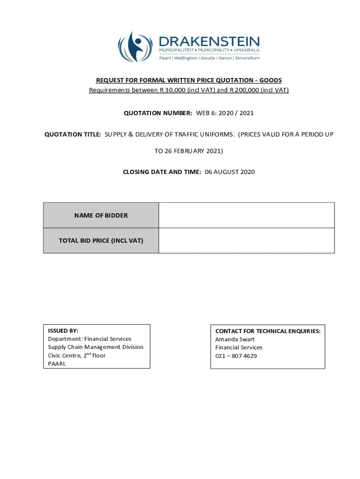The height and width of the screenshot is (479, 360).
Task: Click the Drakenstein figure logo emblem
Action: [135, 47]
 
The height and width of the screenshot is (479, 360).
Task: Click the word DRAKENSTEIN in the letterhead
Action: [209, 41]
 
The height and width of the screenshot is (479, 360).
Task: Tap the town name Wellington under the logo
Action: [186, 58]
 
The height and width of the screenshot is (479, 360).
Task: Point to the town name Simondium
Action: [247, 58]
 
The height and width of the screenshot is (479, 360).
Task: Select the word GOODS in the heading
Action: [270, 80]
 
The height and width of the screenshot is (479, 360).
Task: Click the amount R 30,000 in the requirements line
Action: [172, 90]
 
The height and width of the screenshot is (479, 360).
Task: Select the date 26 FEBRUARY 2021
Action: [194, 151]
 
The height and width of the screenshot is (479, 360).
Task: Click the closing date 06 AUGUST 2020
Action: [230, 172]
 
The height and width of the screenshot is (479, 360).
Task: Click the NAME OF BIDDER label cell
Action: [101, 216]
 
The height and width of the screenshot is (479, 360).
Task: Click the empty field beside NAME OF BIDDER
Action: [246, 216]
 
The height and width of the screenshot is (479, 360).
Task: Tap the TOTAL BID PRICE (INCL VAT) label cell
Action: [101, 241]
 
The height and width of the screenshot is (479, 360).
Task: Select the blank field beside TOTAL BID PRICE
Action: [246, 241]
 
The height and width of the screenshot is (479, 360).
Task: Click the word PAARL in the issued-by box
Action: [57, 363]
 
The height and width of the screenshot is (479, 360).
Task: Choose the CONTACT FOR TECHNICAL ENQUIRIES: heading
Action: [268, 331]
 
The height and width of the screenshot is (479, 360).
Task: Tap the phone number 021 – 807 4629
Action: [236, 356]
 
